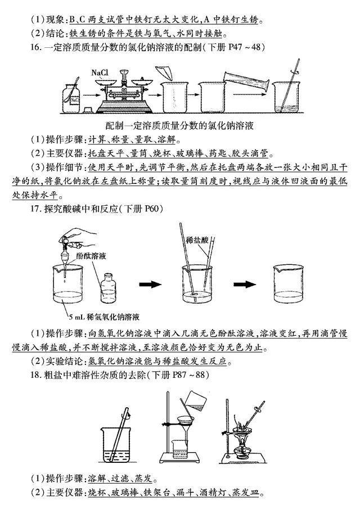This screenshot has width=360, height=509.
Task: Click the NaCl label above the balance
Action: [x=100, y=73]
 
